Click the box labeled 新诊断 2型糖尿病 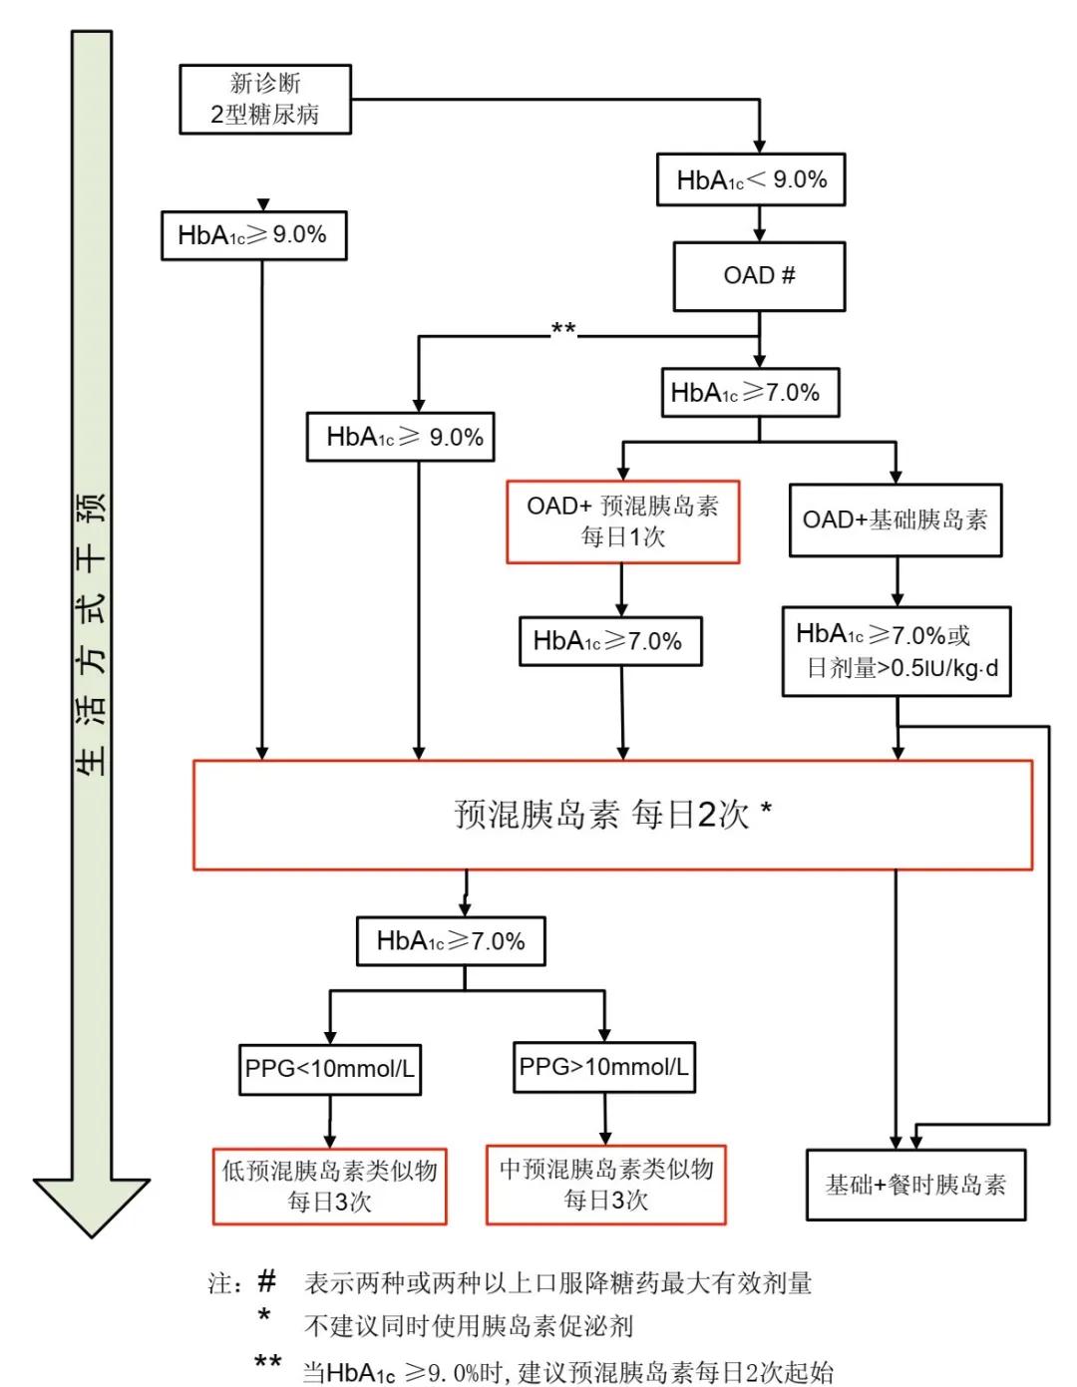(265, 99)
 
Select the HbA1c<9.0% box (751, 179)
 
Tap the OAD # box (759, 275)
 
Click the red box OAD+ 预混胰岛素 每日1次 (622, 521)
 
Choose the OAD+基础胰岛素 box (895, 520)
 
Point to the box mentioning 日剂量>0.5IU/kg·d (896, 651)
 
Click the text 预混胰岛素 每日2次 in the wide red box (611, 815)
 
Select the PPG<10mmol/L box (329, 1069)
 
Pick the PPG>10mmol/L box (603, 1067)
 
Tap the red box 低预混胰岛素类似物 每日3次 (329, 1186)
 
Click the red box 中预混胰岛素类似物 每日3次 (605, 1184)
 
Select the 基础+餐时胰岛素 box (914, 1185)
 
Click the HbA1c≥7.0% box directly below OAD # (749, 393)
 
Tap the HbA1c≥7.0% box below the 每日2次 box (451, 941)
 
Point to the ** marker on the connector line (563, 329)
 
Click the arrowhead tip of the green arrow (92, 1234)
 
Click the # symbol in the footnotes (266, 1280)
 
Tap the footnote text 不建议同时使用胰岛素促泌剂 (468, 1326)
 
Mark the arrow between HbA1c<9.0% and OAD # (759, 223)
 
